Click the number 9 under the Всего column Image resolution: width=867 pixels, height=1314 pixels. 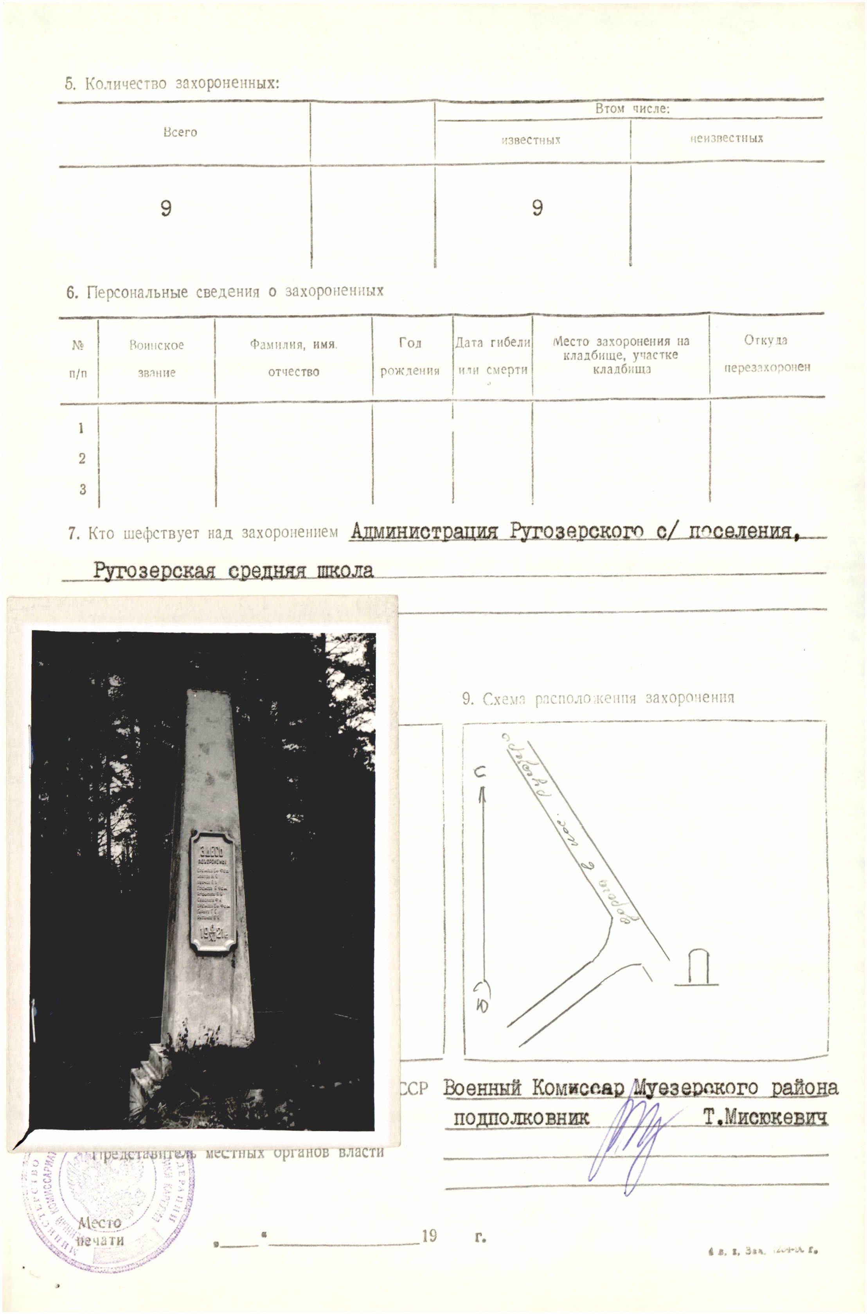click(x=166, y=208)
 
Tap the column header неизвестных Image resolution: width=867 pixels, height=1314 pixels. click(x=726, y=139)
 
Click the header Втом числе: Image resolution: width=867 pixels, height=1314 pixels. click(x=632, y=109)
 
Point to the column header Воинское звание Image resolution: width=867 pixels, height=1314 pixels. click(x=156, y=358)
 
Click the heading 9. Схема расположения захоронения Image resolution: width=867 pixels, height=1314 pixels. click(x=598, y=698)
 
